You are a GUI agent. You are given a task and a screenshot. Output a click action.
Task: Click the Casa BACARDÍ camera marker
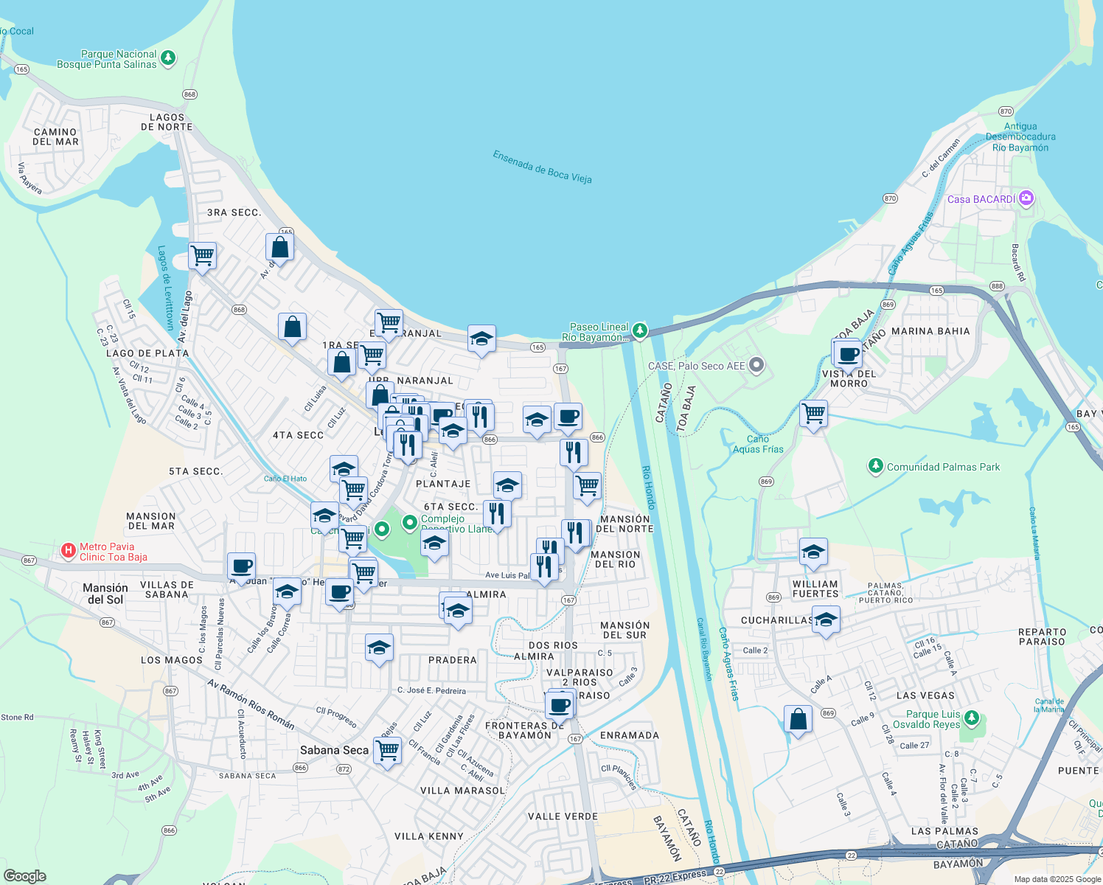[1026, 198]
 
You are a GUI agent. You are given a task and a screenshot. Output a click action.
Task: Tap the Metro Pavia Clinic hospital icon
[69, 550]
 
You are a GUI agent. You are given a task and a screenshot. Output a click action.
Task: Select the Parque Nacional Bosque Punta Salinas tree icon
[168, 58]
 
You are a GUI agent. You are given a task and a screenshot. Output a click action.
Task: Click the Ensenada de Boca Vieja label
[542, 167]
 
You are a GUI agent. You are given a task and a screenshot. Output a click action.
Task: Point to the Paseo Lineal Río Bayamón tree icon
[640, 330]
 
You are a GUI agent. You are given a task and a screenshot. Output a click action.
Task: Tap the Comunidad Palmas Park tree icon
[875, 466]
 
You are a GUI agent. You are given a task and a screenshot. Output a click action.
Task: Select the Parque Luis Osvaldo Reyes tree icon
[972, 718]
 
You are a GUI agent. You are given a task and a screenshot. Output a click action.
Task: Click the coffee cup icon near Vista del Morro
[849, 353]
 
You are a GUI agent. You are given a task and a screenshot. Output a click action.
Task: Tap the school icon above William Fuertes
[813, 552]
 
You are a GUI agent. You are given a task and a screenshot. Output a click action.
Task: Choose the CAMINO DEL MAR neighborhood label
[55, 136]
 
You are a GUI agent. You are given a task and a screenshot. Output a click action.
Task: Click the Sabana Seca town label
[334, 750]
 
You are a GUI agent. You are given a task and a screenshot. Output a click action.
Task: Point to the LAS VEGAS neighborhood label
[925, 695]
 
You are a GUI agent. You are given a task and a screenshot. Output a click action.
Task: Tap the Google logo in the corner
[24, 875]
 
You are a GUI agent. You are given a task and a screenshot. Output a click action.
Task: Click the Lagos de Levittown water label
[165, 288]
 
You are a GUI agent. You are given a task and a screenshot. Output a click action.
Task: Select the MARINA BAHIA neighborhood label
[930, 331]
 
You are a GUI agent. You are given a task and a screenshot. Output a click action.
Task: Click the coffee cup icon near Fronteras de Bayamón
[560, 704]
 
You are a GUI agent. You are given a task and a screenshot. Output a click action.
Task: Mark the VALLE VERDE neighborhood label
[563, 816]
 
